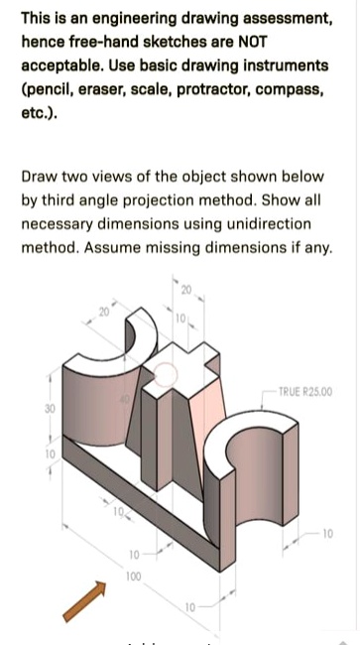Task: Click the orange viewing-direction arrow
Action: (x=85, y=601)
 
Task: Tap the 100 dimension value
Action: (x=133, y=576)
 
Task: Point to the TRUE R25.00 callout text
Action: (x=304, y=391)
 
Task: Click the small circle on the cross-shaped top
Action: (x=168, y=374)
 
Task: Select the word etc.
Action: (x=36, y=113)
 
